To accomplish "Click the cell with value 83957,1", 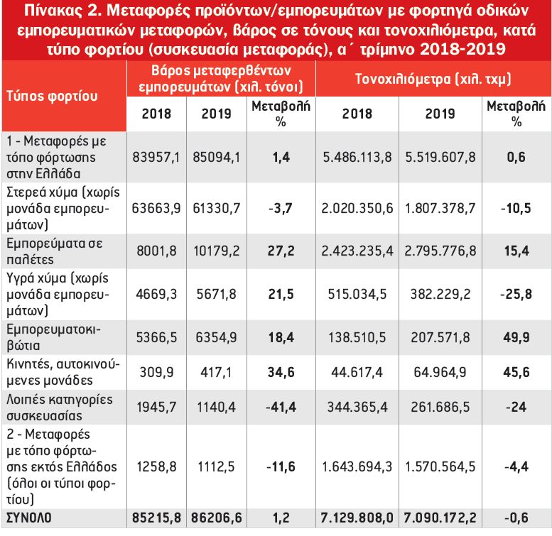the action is pyautogui.click(x=156, y=157).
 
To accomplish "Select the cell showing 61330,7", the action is pyautogui.click(x=216, y=208).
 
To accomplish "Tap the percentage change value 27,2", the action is pyautogui.click(x=281, y=251).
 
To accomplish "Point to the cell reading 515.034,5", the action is pyautogui.click(x=357, y=294).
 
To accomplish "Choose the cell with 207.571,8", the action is pyautogui.click(x=440, y=338).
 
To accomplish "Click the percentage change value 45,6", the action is pyautogui.click(x=516, y=372).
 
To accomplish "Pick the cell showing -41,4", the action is pyautogui.click(x=281, y=407).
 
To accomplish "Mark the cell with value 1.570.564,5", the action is pyautogui.click(x=440, y=466).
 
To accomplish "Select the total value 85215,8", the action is pyautogui.click(x=156, y=518).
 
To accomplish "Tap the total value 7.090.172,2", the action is pyautogui.click(x=440, y=518).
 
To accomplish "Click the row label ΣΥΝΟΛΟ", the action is pyautogui.click(x=29, y=518).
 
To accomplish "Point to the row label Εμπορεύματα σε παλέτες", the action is pyautogui.click(x=55, y=251).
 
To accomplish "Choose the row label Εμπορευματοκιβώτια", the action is pyautogui.click(x=53, y=337).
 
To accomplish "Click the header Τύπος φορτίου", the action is pyautogui.click(x=52, y=96).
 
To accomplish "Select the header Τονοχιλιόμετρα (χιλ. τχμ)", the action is pyautogui.click(x=433, y=79).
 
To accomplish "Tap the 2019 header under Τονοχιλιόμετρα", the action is pyautogui.click(x=440, y=114).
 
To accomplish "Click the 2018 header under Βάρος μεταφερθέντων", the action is pyautogui.click(x=156, y=114).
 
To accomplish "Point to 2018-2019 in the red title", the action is pyautogui.click(x=463, y=49).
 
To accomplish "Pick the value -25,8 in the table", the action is pyautogui.click(x=516, y=294).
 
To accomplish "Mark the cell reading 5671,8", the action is pyautogui.click(x=216, y=294).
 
